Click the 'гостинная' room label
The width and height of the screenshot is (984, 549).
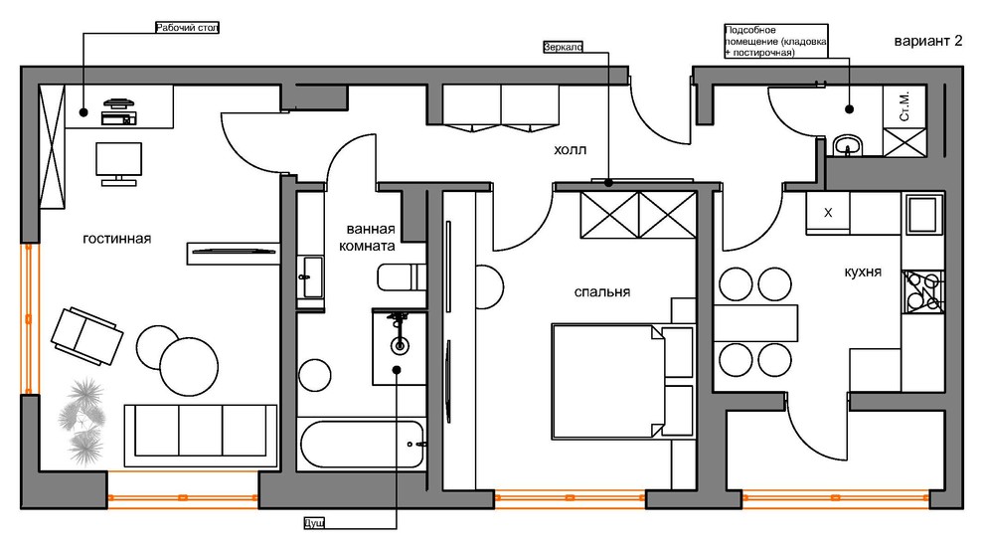[x=116, y=239]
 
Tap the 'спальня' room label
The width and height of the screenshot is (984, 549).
[x=601, y=292]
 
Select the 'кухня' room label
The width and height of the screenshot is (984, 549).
[x=863, y=272]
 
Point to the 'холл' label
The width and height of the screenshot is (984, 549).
[x=570, y=150]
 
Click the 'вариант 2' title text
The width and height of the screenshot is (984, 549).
[x=928, y=42]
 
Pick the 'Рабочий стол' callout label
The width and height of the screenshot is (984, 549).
[x=187, y=28]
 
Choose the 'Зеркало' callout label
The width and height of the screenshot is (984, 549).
[x=563, y=47]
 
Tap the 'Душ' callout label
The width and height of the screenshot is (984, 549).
[x=314, y=522]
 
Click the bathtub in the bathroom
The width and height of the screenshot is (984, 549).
[x=362, y=445]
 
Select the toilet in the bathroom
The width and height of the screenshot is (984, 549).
[x=401, y=277]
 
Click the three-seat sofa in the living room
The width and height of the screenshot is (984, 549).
[x=201, y=436]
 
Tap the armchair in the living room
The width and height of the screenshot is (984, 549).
[x=86, y=336]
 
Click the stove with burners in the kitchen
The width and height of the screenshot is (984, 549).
[x=922, y=291]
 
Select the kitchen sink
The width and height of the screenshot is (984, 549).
[x=923, y=214]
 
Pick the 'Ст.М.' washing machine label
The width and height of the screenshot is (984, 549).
[x=904, y=106]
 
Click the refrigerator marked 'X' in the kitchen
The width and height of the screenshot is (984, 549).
[x=828, y=213]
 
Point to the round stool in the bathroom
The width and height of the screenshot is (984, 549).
[x=314, y=375]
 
